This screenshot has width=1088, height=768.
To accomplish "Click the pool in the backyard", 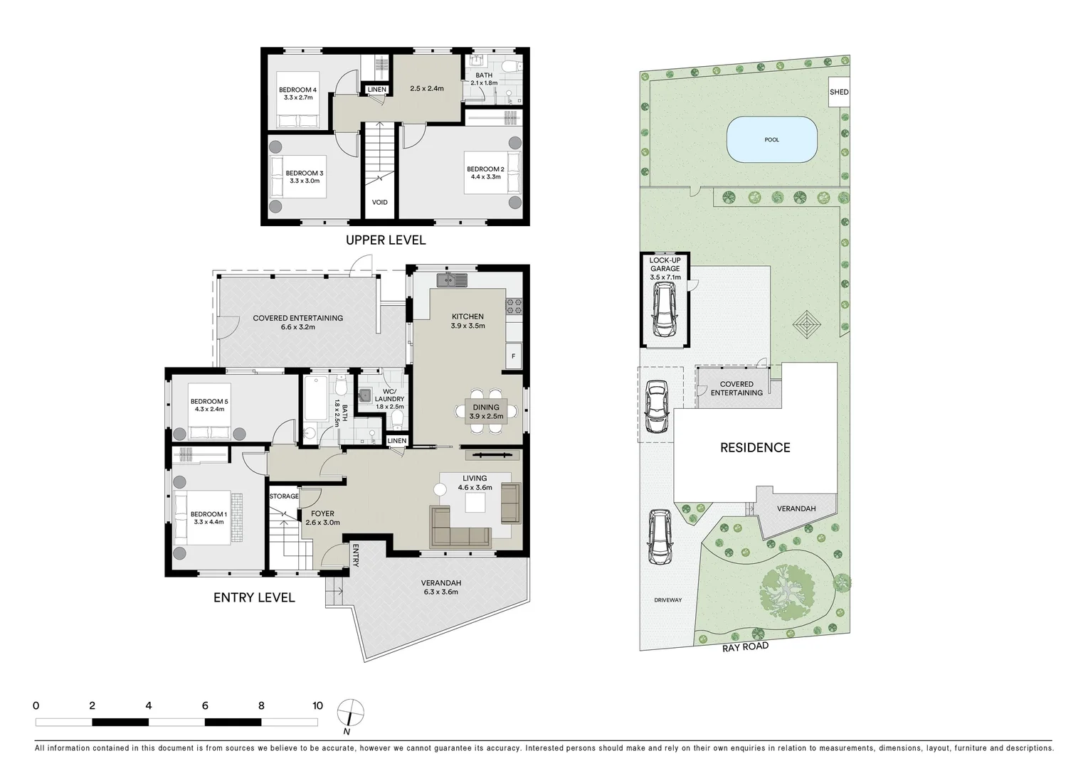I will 771,139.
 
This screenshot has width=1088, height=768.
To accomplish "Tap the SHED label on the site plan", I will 839,92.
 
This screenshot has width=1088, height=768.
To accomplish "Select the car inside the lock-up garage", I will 665,311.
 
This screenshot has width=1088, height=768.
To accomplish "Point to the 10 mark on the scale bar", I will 317,706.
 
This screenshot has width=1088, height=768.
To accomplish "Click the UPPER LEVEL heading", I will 386,240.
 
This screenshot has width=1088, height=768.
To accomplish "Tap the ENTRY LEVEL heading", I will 254,597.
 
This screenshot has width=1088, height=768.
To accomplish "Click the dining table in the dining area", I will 487,412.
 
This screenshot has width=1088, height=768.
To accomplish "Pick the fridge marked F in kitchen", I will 513,356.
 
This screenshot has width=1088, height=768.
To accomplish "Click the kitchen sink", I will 451,280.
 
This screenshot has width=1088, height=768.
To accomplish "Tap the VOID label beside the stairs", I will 380,203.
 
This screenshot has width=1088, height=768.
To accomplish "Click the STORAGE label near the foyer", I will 284,496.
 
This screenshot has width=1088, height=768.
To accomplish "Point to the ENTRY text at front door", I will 355,555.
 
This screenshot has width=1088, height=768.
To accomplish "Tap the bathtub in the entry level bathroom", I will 315,400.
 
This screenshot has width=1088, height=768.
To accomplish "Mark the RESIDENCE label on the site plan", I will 755,447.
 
